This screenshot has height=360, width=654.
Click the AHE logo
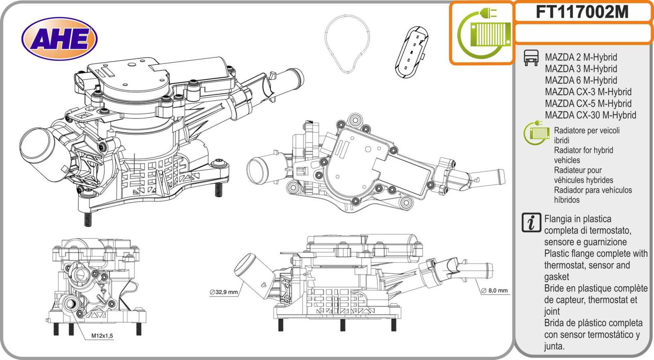60,39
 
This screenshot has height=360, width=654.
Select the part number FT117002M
582,12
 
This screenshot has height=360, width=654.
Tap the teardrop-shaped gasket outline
347,44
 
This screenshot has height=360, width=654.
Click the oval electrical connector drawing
412,52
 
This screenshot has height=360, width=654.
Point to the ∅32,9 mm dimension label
224,292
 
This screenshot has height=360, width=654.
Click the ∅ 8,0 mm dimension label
494,291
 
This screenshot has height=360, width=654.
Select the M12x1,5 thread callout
102,336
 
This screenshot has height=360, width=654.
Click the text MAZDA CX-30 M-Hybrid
590,115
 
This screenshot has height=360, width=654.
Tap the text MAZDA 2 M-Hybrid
580,57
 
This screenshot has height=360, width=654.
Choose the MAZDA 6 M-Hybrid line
580,80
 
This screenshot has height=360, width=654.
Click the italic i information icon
531,223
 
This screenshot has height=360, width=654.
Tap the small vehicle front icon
531,58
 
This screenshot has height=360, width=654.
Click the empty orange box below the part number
582,34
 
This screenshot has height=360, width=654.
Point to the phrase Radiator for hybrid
583,150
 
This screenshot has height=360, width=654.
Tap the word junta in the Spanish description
553,347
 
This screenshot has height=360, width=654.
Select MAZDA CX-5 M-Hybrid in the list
588,104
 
